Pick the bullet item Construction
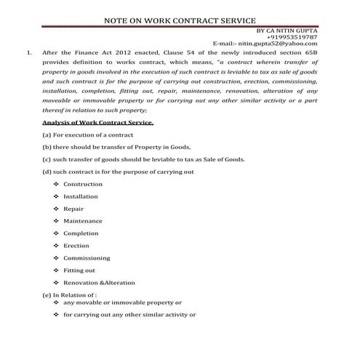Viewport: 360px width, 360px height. coord(83,184)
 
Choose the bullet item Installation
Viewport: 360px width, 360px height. coord(81,196)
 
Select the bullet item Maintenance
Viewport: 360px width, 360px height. coord(83,220)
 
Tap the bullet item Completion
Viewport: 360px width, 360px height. coord(81,233)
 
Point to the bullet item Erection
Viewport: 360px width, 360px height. coord(76,246)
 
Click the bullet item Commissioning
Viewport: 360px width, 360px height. coord(87,257)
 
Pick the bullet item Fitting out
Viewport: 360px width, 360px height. coord(79,270)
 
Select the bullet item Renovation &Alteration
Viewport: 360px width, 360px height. coord(95,282)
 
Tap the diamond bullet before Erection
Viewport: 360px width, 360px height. coord(56,246)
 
